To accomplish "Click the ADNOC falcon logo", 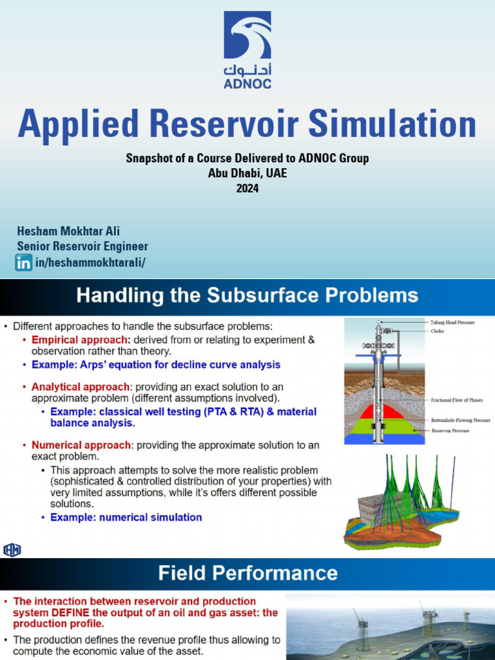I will coord(247,35).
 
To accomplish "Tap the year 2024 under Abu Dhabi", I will coord(247,188).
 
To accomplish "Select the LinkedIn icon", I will coord(24,262).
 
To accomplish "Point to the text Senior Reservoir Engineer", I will coord(82,246).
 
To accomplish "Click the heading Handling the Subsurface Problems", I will coord(247,296).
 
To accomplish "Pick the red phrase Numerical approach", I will coord(82,445).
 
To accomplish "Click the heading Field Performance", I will coord(247,573).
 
